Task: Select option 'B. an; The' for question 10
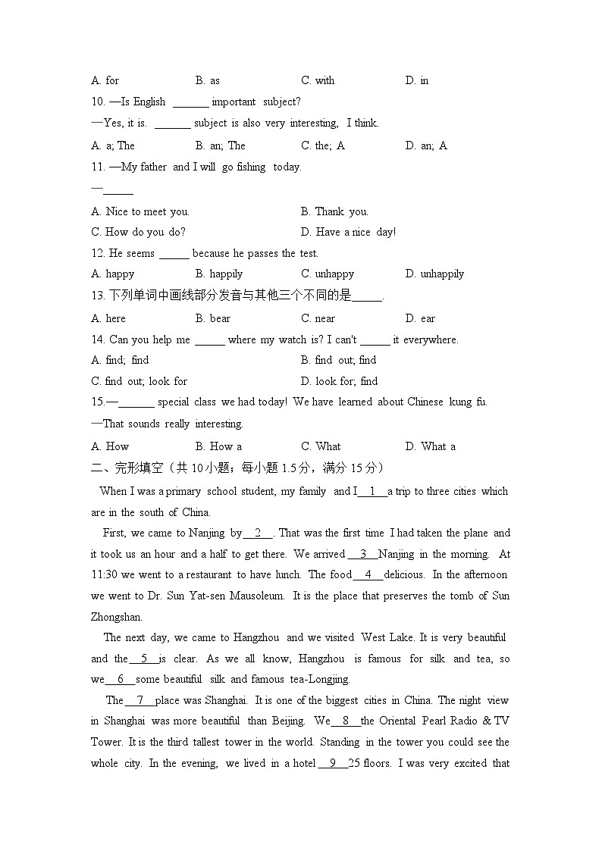(x=220, y=145)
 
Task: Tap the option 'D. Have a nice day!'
(x=348, y=232)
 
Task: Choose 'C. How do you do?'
(x=138, y=232)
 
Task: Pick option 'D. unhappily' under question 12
(x=434, y=274)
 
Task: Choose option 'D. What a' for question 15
(x=430, y=446)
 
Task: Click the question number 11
(x=98, y=167)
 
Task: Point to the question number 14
(x=98, y=339)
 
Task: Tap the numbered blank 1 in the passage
(x=372, y=491)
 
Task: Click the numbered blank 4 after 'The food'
(x=368, y=574)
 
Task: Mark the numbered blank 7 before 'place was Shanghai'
(x=140, y=700)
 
